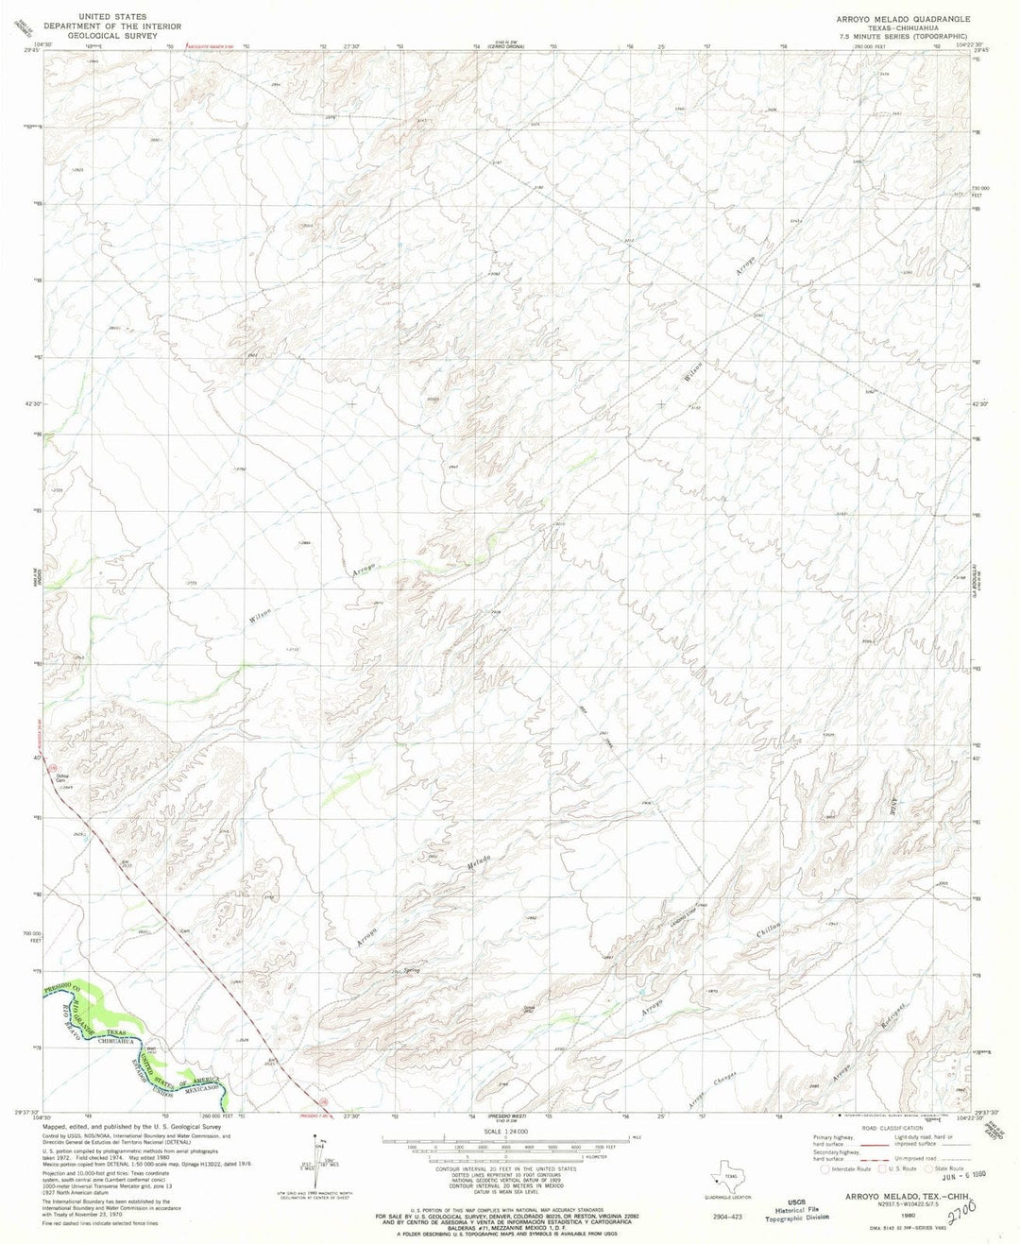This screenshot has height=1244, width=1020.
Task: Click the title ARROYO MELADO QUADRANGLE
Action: [x=901, y=19]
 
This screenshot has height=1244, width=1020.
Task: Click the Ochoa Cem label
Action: [x=61, y=779]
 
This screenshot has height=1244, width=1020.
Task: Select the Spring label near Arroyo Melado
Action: [x=411, y=971]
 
